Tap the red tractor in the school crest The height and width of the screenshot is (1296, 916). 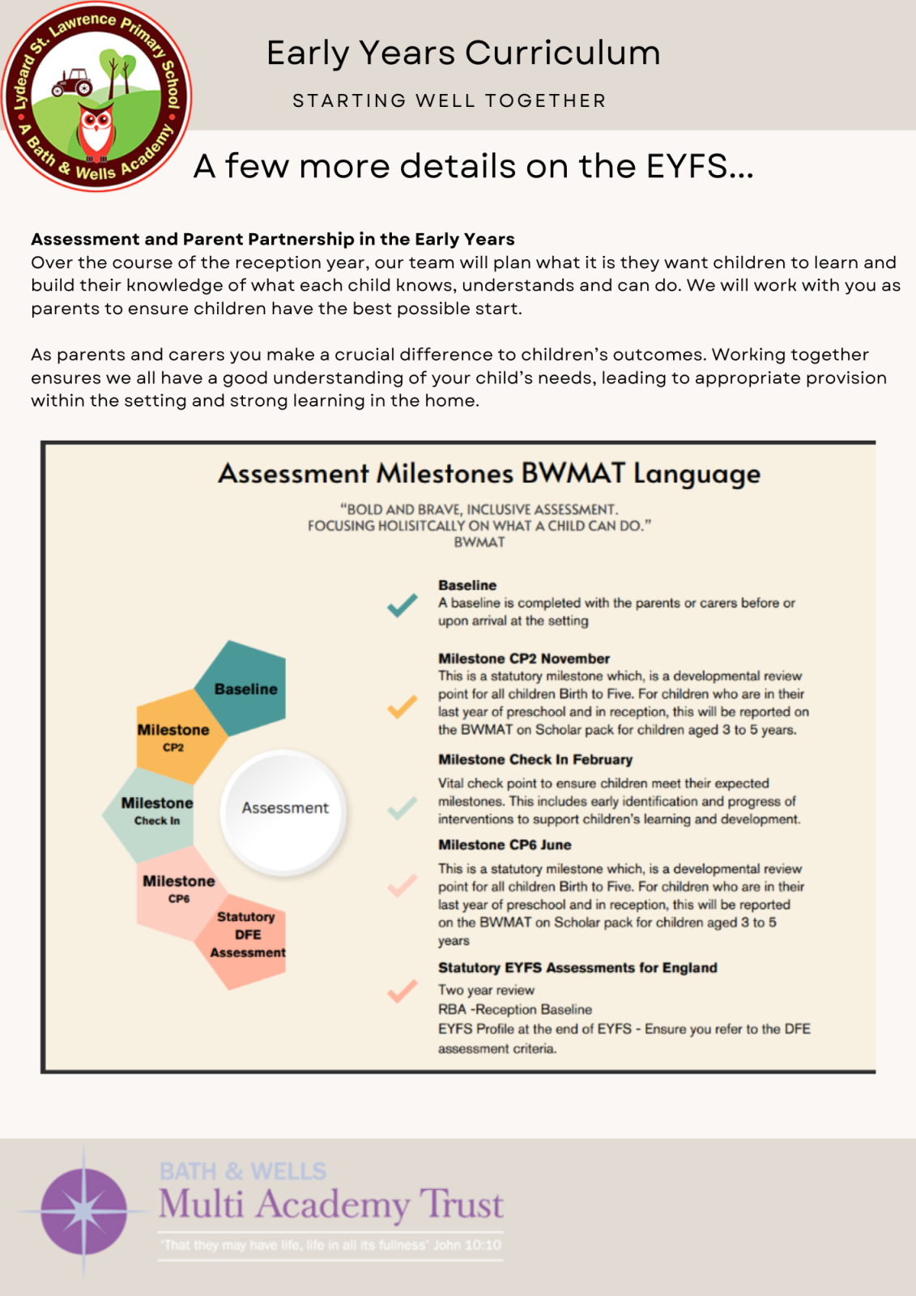coord(73,82)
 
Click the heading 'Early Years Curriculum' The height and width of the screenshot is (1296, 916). coord(463,53)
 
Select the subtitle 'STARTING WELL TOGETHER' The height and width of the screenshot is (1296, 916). coord(449,101)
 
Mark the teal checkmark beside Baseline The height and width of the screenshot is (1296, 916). coord(403,605)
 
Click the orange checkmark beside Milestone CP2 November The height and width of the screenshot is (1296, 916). coord(403,706)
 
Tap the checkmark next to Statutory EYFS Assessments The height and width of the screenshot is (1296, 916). coord(403,991)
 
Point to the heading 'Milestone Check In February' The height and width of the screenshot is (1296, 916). coord(535,760)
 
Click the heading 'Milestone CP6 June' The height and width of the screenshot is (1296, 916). coord(505,845)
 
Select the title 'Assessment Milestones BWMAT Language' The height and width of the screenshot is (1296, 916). coord(489,474)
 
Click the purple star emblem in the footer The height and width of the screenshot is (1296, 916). coord(84,1211)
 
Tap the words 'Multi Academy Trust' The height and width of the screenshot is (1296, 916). coord(330,1205)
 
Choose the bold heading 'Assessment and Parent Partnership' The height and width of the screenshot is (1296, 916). coord(273,239)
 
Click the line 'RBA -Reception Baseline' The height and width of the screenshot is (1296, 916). coord(515,1010)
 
